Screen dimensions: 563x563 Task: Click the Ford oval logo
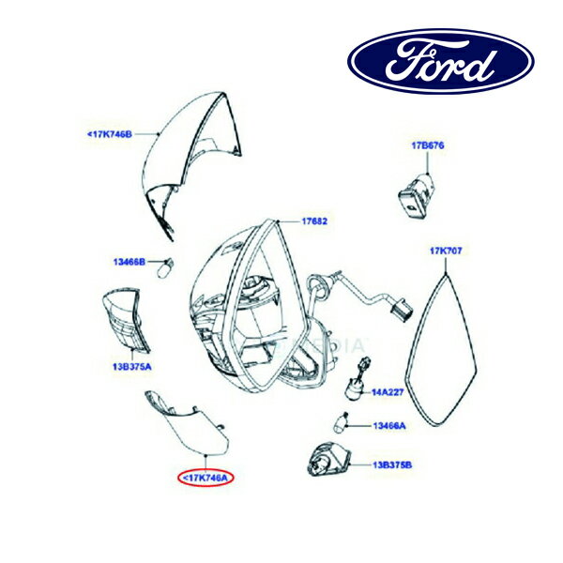tap(441, 61)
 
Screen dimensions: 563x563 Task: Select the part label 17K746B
tap(110, 134)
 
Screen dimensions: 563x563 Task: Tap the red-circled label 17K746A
tap(205, 478)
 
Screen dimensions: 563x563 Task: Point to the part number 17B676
tap(428, 145)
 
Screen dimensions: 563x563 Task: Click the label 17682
tap(314, 221)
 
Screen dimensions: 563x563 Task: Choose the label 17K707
tap(446, 251)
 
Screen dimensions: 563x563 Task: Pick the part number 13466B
tap(129, 262)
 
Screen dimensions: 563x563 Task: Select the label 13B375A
tap(131, 367)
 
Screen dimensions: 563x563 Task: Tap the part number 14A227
tap(388, 392)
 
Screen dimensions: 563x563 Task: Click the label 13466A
tap(389, 426)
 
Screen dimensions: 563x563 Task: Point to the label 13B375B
tap(392, 465)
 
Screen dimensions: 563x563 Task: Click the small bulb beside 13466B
tap(166, 267)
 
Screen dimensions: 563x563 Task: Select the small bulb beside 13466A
tap(341, 422)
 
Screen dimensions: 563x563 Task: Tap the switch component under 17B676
tap(417, 195)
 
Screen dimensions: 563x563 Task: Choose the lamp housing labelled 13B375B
tap(328, 460)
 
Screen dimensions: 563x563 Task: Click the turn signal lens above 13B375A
tap(126, 319)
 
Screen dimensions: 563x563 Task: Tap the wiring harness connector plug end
tap(403, 310)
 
